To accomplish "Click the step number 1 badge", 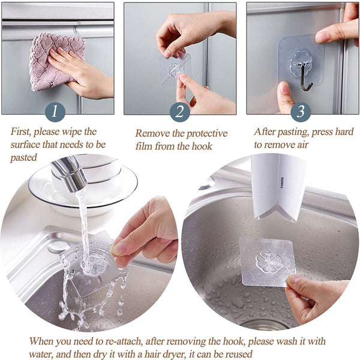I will [x=56, y=111].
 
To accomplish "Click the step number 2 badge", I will [x=179, y=112].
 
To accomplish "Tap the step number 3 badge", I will [x=301, y=112].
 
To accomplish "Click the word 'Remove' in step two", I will [x=153, y=133].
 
